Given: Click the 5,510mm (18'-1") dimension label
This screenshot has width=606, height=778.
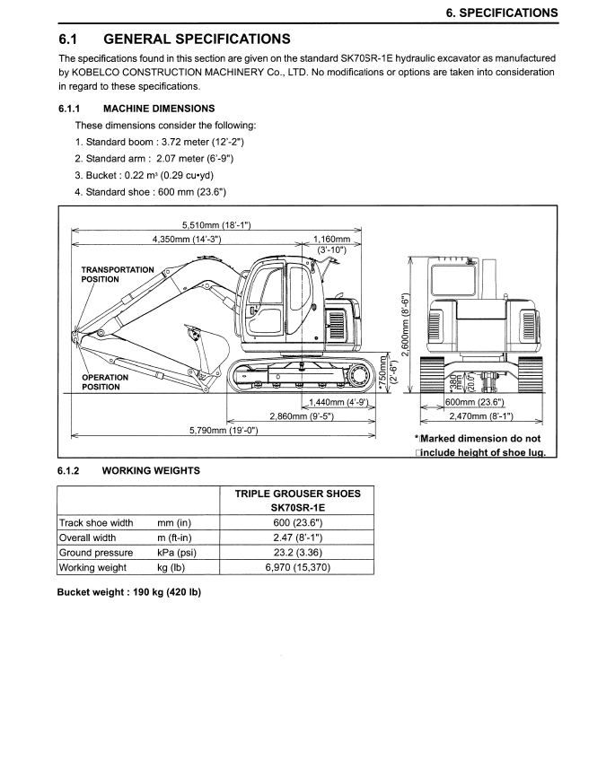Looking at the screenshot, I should click(x=215, y=224).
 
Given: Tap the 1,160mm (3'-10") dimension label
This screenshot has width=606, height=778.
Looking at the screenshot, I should click(x=332, y=244).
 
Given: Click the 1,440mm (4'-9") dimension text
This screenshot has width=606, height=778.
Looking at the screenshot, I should click(x=339, y=404).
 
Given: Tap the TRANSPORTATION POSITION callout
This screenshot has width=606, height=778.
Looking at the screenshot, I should click(x=118, y=274).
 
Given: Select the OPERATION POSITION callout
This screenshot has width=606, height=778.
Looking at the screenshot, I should click(x=107, y=382).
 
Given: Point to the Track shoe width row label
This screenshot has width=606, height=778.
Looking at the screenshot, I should click(x=96, y=522).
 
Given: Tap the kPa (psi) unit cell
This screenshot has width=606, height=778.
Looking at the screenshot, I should click(x=176, y=553).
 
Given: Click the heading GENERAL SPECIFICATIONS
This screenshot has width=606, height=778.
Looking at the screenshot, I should click(x=198, y=39).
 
